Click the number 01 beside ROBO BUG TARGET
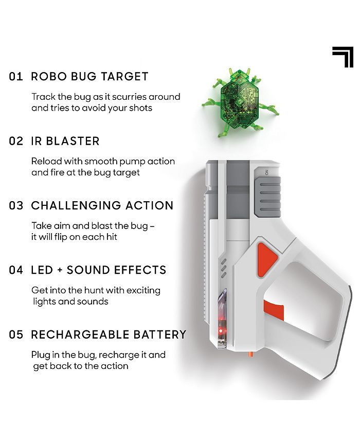coord(16,77)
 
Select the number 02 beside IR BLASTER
coord(16,141)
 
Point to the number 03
coord(16,205)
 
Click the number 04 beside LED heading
coord(16,270)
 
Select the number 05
coord(16,335)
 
